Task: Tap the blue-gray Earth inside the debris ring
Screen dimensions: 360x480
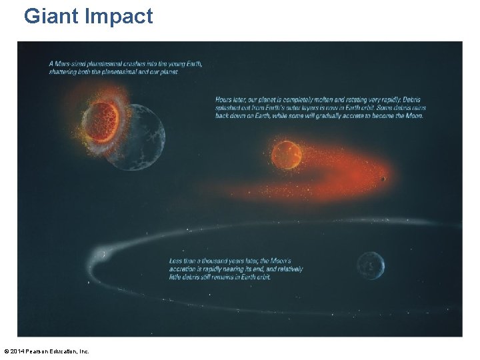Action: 370,266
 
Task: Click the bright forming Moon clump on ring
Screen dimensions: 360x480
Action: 102,254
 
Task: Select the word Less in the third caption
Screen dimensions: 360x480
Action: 176,261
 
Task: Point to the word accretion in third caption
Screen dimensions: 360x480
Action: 187,269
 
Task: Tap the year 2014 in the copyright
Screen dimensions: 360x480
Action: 19,351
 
